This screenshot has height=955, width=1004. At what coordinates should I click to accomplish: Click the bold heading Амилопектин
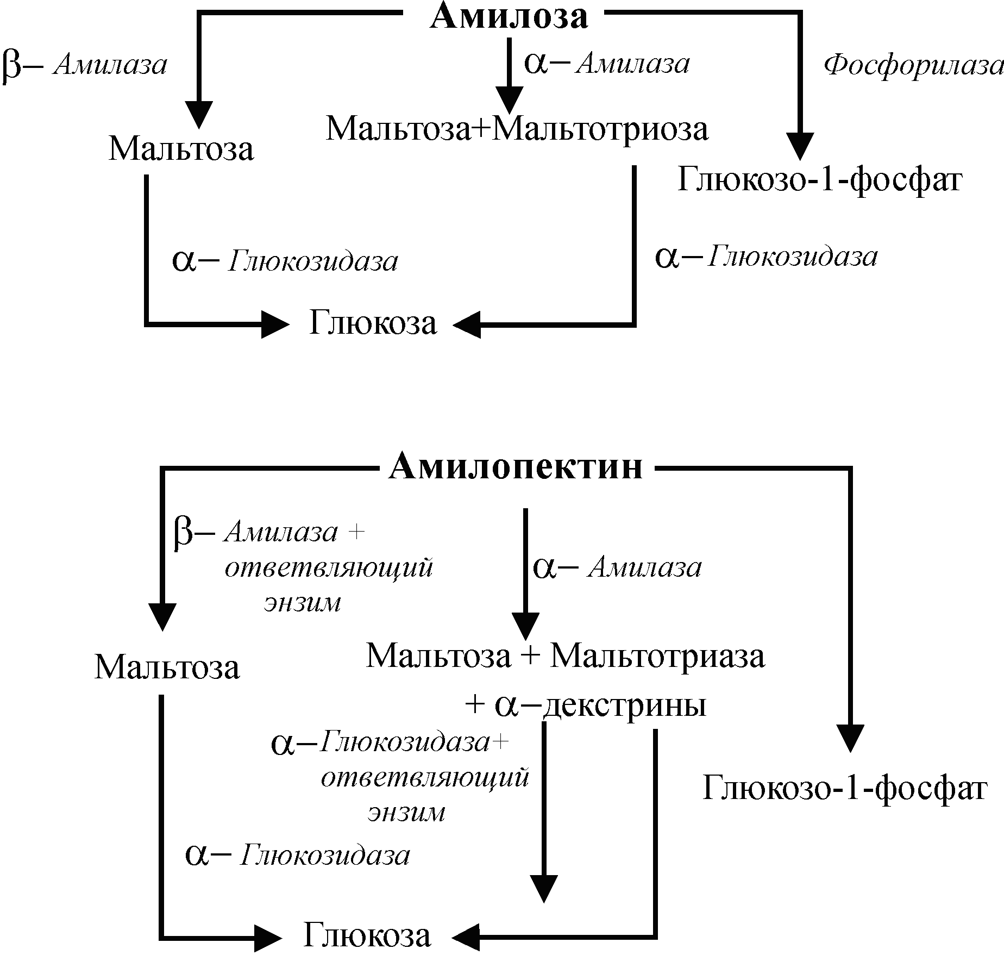(516, 466)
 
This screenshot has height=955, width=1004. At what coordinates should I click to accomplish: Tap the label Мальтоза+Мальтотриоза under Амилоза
(517, 129)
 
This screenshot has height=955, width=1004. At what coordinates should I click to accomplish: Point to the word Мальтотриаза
(658, 656)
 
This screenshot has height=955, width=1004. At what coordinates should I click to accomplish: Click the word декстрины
(625, 706)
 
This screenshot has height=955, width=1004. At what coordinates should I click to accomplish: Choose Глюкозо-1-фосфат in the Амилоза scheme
(820, 179)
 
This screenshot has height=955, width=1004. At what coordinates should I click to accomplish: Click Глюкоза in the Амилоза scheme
(373, 323)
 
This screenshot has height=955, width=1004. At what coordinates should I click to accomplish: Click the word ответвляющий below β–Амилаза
(329, 569)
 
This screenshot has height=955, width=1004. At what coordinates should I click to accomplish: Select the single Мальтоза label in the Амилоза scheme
(181, 149)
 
